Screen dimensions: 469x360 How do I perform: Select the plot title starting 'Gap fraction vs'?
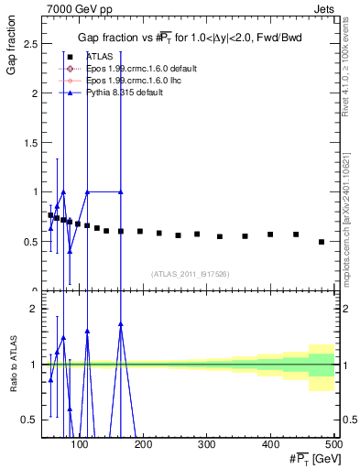coord(191,37)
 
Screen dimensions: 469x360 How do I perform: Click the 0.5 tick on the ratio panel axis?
coord(29,419)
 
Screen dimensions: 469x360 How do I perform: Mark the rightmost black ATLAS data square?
coord(321,242)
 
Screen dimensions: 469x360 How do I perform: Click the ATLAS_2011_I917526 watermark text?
coord(190,273)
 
